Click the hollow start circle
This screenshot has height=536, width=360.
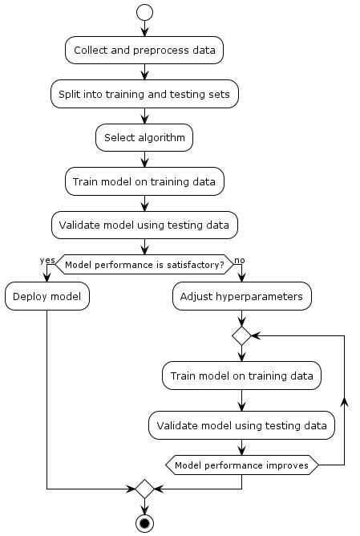[144, 12]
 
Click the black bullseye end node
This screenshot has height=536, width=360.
[144, 522]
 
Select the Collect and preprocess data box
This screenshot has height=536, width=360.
[144, 50]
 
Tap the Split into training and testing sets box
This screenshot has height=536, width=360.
[144, 94]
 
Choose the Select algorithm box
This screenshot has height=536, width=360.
[144, 137]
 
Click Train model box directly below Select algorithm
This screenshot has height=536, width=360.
[144, 181]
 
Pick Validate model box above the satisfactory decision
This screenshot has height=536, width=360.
[144, 225]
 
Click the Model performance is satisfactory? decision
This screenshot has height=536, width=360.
[144, 264]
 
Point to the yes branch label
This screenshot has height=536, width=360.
[47, 260]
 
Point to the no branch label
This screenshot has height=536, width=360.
[239, 260]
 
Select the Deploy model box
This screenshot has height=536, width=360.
[47, 296]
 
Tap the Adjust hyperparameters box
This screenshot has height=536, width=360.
[241, 296]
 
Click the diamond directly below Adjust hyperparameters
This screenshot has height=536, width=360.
[241, 336]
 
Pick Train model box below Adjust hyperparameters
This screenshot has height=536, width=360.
[241, 375]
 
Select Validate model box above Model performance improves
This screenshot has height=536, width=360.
[241, 425]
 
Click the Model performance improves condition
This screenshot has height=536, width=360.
[241, 465]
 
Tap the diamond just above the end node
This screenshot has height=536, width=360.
[144, 488]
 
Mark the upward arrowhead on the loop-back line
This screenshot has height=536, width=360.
[344, 399]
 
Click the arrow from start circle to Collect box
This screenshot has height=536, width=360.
[144, 29]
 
